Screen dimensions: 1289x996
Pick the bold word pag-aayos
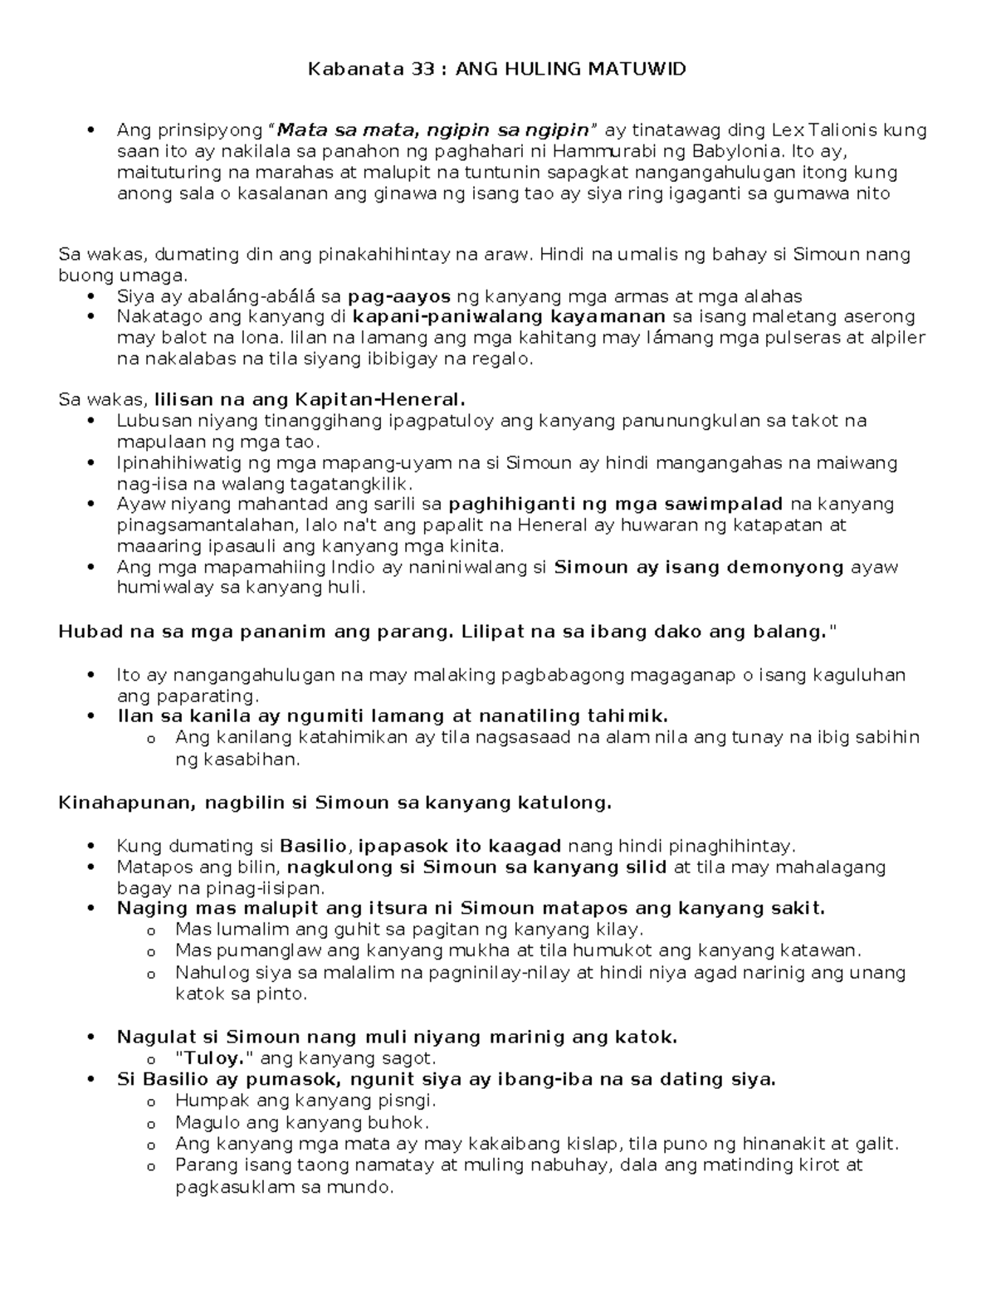[x=399, y=296]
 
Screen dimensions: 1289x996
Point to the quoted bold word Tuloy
[x=206, y=1058]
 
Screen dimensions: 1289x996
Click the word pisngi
[x=406, y=1101]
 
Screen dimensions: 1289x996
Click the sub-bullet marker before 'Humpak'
[x=150, y=1102]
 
